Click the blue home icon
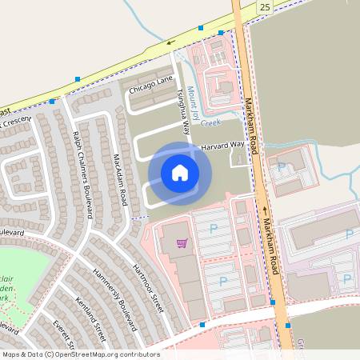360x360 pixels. tap(180, 172)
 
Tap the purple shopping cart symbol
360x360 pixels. tap(182, 242)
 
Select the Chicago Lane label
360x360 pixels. tap(152, 82)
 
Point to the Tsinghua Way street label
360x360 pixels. tap(182, 108)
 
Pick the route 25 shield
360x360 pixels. tap(265, 7)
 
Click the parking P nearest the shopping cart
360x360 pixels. tap(213, 229)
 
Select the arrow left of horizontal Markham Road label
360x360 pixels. tap(265, 210)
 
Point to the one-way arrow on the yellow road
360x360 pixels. tap(170, 42)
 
